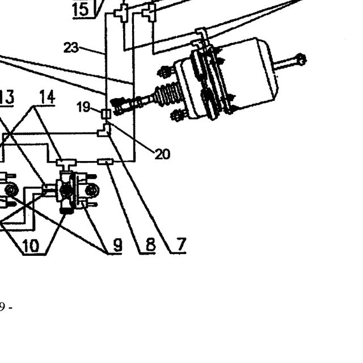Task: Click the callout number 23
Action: [x=71, y=48]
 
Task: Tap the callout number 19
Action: [x=83, y=107]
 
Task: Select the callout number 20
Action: [x=162, y=154]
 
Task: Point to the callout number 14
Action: [x=47, y=96]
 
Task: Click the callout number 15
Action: [x=81, y=10]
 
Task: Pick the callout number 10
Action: [x=31, y=246]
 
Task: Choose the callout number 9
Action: [x=118, y=244]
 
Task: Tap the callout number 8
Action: [x=150, y=244]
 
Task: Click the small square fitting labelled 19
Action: [x=106, y=114]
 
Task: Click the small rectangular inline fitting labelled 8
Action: [x=105, y=162]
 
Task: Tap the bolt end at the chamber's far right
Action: [x=301, y=59]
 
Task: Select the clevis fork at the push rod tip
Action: [x=117, y=107]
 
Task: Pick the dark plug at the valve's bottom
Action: [x=67, y=210]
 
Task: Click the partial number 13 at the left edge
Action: [x=7, y=97]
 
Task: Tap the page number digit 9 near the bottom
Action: [x=2, y=307]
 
